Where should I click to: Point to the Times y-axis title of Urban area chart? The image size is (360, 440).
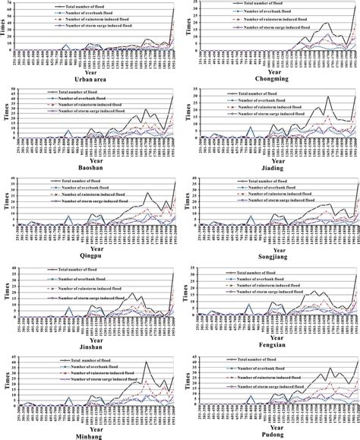[x=5, y=27]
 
